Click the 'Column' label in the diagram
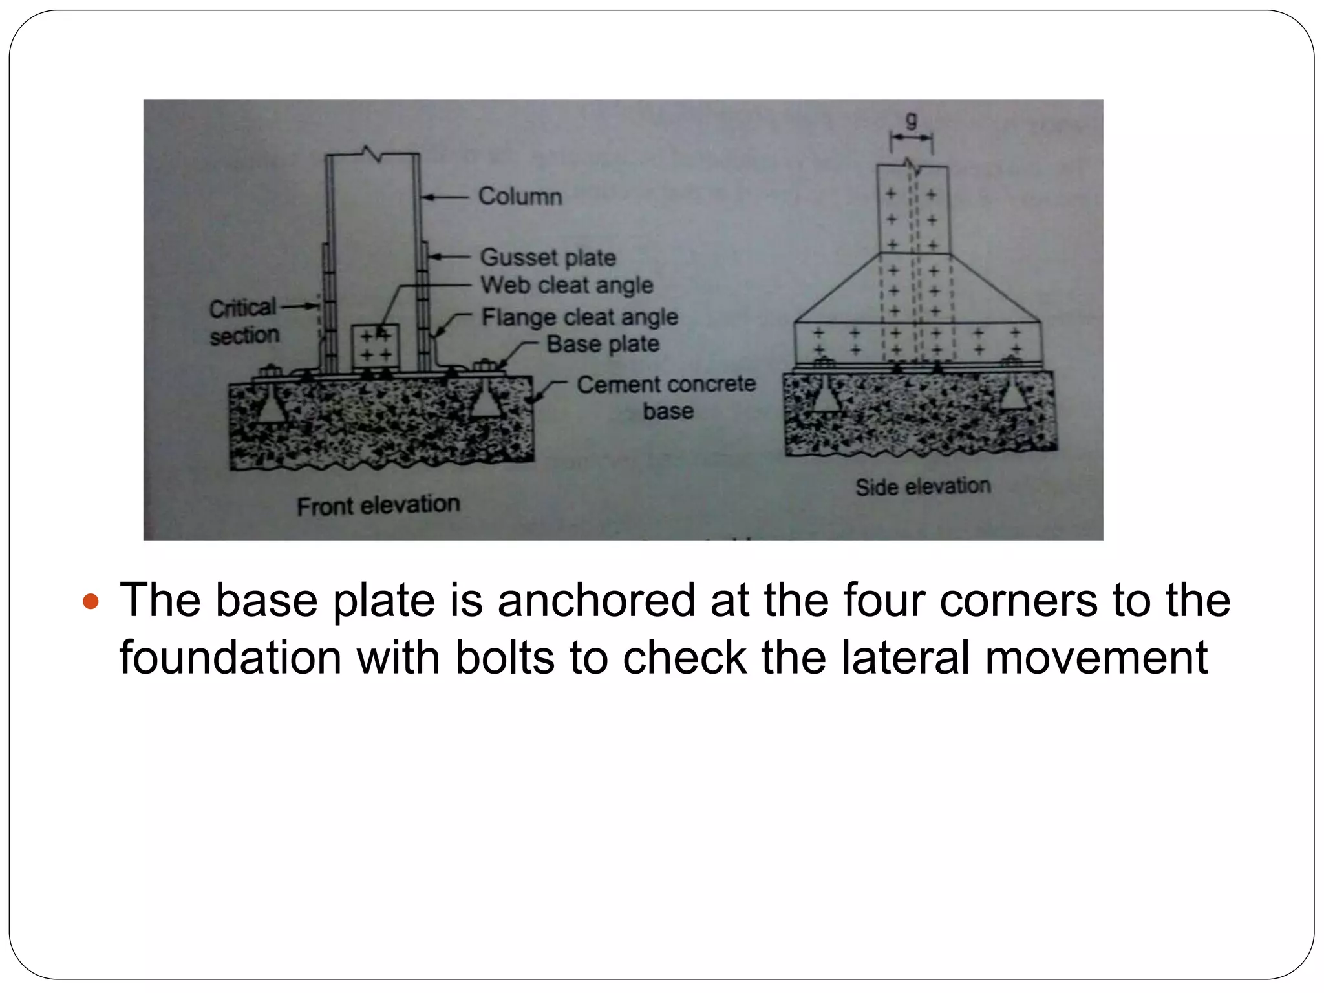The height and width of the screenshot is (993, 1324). pos(520,196)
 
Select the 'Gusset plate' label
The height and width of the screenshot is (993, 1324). pos(548,257)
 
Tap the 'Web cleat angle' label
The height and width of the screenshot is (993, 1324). pos(566,285)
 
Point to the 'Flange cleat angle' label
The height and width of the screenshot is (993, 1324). pos(579,317)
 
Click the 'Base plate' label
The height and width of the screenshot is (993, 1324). pos(603,344)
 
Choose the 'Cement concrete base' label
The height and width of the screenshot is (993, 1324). pos(666,396)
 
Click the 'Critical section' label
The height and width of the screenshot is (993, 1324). pos(244,321)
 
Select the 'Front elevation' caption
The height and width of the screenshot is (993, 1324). pos(378,505)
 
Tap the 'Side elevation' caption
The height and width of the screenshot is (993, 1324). pos(923,486)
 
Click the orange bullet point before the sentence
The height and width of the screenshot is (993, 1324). pos(91,602)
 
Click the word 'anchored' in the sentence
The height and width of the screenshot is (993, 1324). pos(595,601)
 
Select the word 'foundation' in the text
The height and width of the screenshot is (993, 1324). pos(230,657)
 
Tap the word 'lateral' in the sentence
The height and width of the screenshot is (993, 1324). pos(905,657)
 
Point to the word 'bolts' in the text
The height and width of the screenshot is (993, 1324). pos(504,657)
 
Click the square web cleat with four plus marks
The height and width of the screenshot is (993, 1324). pos(376,346)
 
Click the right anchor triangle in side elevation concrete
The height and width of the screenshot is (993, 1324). pos(1012,395)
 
